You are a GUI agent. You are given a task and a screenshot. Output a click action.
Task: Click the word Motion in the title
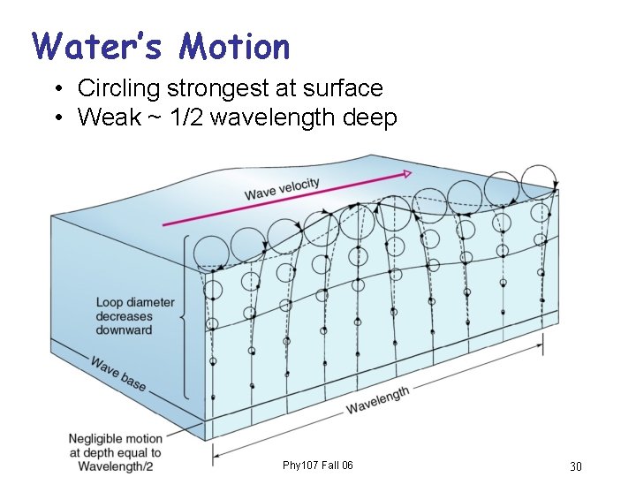(x=233, y=45)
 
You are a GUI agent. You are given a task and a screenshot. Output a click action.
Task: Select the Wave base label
(x=117, y=373)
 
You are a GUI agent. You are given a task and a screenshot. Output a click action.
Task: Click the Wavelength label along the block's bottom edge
(x=377, y=400)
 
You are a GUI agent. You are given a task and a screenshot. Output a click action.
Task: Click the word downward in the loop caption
(x=125, y=330)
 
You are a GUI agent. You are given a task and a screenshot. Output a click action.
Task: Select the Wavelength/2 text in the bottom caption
(x=116, y=466)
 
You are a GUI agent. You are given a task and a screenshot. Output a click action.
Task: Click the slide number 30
(x=575, y=466)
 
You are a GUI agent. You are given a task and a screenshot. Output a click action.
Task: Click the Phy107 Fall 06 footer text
(x=318, y=466)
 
